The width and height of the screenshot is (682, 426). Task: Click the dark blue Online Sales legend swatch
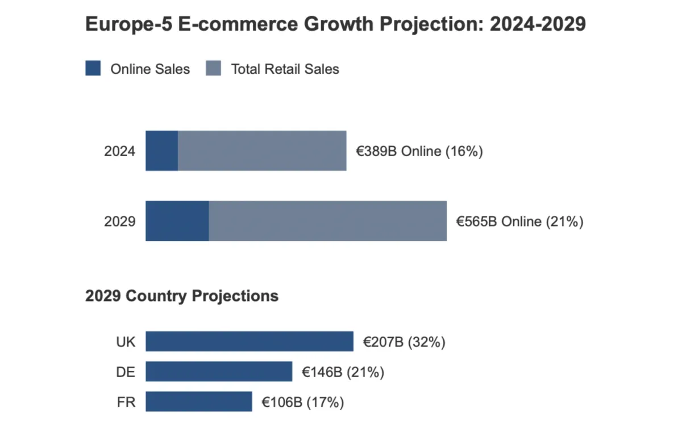pyautogui.click(x=93, y=69)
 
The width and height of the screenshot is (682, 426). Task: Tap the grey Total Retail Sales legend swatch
pyautogui.click(x=213, y=69)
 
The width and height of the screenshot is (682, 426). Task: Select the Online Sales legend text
pyautogui.click(x=150, y=69)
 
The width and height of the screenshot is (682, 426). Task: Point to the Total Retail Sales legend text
pyautogui.click(x=285, y=69)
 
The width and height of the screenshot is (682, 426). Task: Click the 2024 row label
pyautogui.click(x=120, y=151)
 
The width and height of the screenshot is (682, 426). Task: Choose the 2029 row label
pyautogui.click(x=120, y=221)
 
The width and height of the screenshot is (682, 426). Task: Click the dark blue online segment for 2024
pyautogui.click(x=162, y=151)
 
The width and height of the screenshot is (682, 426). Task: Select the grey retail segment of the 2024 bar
pyautogui.click(x=262, y=151)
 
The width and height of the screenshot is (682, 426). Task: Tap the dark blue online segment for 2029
pyautogui.click(x=177, y=221)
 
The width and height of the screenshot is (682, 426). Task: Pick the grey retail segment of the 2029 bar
pyautogui.click(x=328, y=221)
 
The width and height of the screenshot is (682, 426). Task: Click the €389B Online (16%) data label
pyautogui.click(x=419, y=151)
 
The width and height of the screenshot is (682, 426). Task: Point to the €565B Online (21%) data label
pyautogui.click(x=520, y=221)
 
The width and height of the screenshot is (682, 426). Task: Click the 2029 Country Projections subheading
pyautogui.click(x=182, y=296)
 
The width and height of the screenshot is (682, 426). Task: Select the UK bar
pyautogui.click(x=249, y=342)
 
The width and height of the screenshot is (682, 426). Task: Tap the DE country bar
pyautogui.click(x=219, y=372)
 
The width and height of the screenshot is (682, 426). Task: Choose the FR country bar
pyautogui.click(x=199, y=402)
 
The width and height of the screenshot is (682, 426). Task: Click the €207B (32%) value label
pyautogui.click(x=404, y=342)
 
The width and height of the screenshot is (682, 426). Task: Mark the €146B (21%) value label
pyautogui.click(x=343, y=372)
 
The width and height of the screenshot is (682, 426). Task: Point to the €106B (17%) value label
pyautogui.click(x=303, y=402)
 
